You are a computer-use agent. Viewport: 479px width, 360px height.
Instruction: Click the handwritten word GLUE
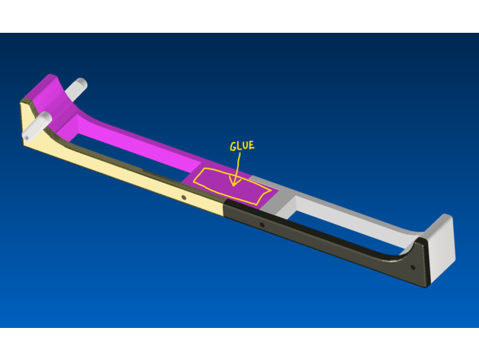[x=242, y=146]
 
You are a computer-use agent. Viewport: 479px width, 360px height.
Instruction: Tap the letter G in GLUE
[x=233, y=146]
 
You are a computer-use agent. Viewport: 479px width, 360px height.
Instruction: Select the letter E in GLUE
[x=252, y=145]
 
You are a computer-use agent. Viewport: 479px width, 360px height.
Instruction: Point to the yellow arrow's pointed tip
[x=233, y=185]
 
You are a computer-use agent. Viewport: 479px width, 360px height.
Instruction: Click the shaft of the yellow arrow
[x=236, y=169]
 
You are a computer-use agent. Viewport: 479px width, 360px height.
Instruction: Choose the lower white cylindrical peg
[x=37, y=126]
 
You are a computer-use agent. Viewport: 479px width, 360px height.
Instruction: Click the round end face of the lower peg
[x=26, y=137]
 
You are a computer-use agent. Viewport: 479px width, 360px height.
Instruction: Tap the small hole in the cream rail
[x=184, y=198]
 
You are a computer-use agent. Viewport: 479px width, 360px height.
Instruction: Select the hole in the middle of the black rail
[x=262, y=225]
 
